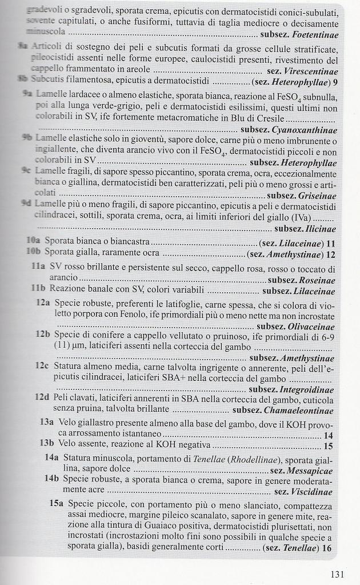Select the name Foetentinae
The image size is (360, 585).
tap(315, 35)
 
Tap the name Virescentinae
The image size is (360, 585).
tap(311, 71)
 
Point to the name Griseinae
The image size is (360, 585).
tap(317, 196)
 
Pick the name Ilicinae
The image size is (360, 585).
tap(321, 229)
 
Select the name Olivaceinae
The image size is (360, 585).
tap(308, 326)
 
